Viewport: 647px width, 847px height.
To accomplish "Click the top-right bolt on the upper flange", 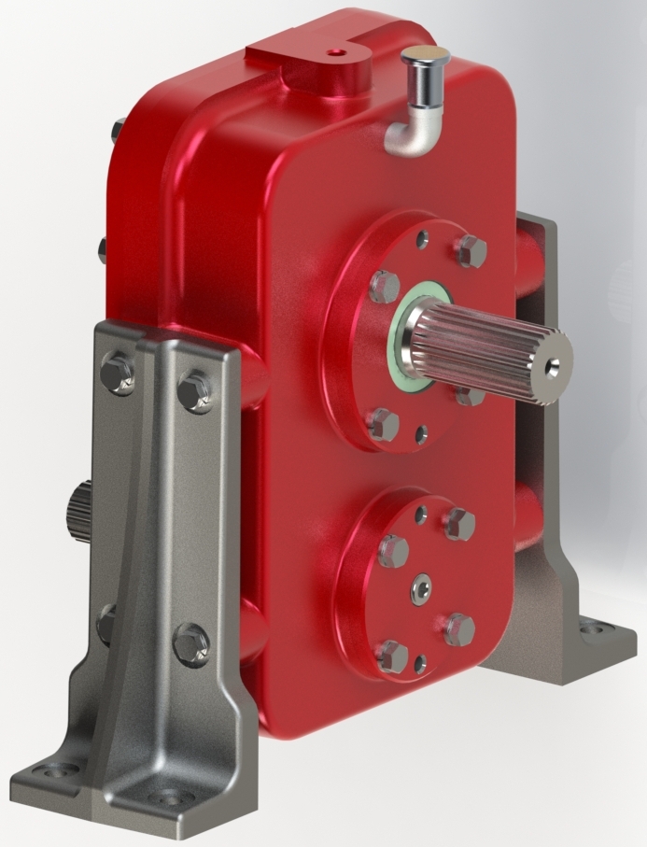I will [470, 250].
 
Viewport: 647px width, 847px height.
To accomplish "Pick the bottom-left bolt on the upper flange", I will [383, 424].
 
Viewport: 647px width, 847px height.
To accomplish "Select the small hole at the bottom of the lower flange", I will [419, 664].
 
